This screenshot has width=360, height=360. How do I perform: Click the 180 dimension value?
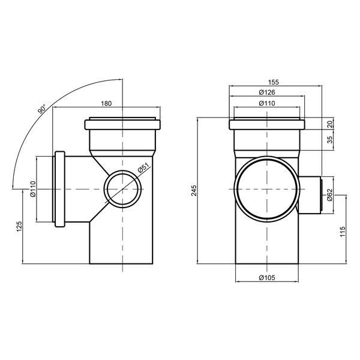[106, 104]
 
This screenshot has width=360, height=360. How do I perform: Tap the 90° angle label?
[42, 109]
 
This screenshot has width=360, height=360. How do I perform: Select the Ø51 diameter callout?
[143, 168]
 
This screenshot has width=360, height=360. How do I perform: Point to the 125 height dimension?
[19, 226]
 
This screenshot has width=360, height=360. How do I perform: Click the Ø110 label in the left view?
[33, 189]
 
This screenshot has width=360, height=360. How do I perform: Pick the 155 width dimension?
[273, 82]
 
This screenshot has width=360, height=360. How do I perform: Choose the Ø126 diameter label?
[267, 92]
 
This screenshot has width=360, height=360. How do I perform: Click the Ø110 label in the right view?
[267, 104]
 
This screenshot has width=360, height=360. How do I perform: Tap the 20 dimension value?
[329, 124]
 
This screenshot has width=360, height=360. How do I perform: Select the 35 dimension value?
[329, 140]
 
